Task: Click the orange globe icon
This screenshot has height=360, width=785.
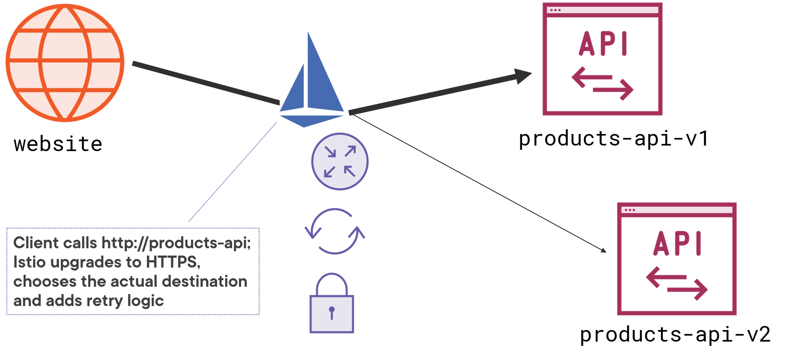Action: click(x=65, y=62)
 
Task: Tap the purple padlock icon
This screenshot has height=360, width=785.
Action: click(x=331, y=304)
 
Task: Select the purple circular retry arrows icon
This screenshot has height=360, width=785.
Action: click(x=334, y=232)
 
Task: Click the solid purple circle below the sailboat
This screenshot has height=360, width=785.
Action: click(x=340, y=161)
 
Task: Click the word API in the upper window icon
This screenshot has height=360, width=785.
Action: click(x=603, y=44)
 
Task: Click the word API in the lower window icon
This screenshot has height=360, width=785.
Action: click(x=677, y=244)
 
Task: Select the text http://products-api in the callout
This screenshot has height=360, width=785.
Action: click(x=176, y=243)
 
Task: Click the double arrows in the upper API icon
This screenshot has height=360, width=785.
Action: click(x=603, y=83)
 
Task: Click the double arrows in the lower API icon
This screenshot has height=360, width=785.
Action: click(x=677, y=283)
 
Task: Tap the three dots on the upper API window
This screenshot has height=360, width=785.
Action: click(x=555, y=10)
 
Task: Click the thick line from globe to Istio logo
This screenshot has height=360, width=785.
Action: click(x=206, y=83)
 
